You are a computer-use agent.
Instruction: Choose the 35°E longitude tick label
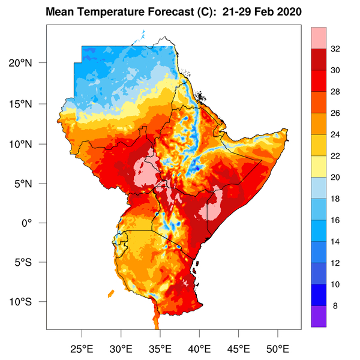click(x=160, y=349)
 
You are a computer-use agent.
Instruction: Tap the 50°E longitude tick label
click(x=278, y=349)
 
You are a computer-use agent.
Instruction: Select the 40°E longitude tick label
click(x=199, y=349)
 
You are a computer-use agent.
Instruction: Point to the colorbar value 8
click(x=335, y=306)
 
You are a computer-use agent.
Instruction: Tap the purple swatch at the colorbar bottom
click(x=319, y=317)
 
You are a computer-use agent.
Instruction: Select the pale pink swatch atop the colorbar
click(x=319, y=38)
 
